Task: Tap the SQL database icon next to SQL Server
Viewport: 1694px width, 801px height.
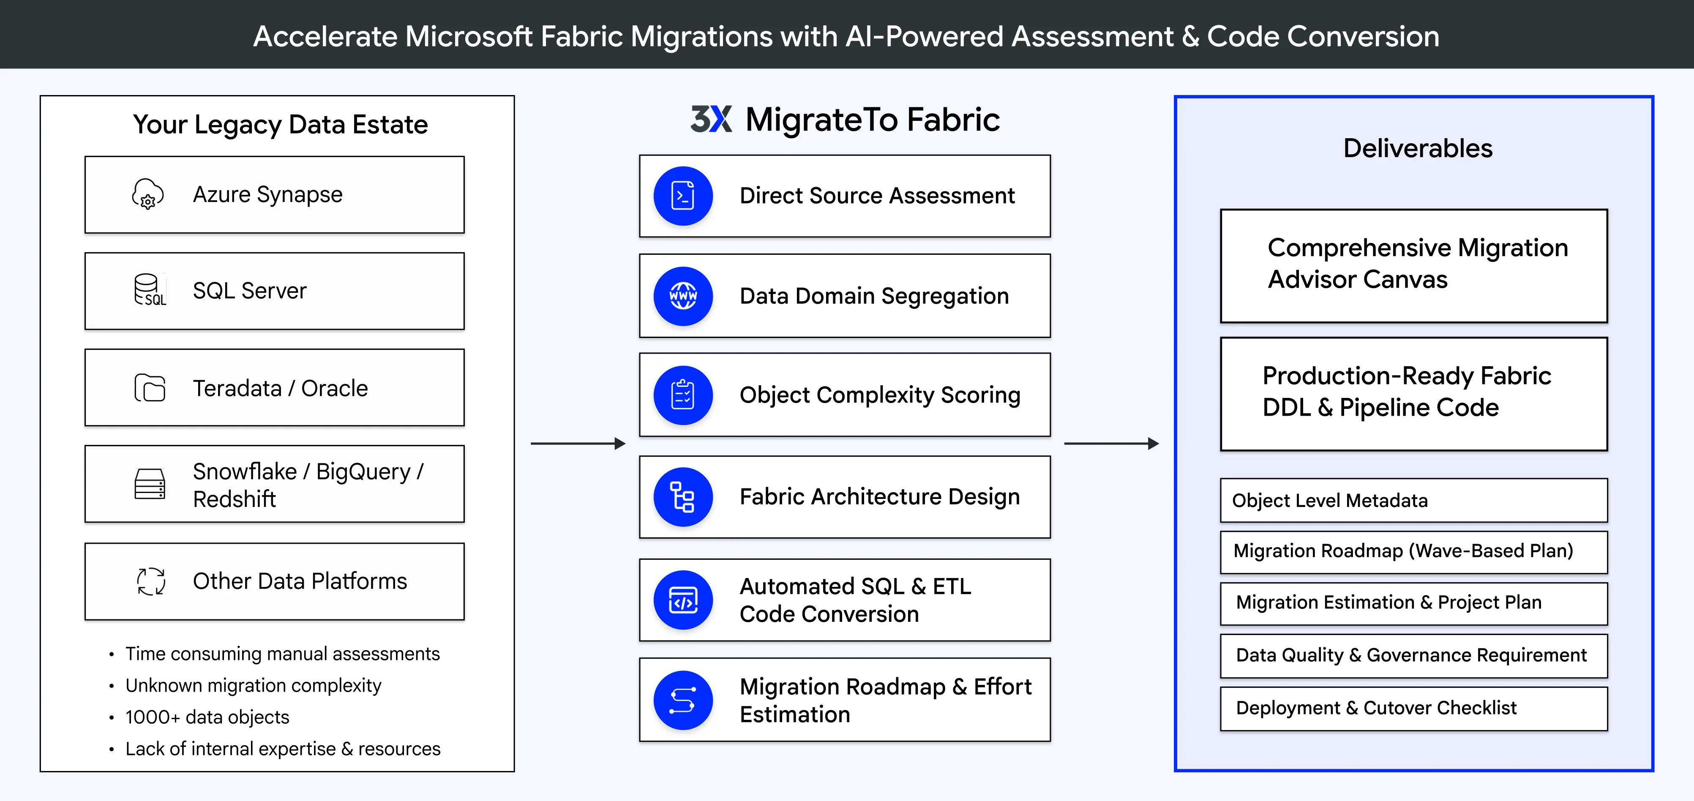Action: coord(149,290)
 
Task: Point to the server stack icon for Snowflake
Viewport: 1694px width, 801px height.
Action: coord(149,484)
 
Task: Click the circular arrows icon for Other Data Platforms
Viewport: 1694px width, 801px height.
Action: coord(150,581)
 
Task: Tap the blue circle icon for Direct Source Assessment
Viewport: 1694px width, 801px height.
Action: coord(682,196)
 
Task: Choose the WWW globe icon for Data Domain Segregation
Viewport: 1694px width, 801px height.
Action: coord(682,296)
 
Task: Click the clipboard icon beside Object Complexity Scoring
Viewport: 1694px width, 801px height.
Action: coord(682,395)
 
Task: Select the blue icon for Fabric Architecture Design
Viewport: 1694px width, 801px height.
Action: coord(682,497)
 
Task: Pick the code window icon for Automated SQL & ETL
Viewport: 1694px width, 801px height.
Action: coord(682,600)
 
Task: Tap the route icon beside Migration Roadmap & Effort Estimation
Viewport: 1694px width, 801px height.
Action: coord(682,700)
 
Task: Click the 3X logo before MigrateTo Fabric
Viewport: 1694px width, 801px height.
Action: coord(711,119)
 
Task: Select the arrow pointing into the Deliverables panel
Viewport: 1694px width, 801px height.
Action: coord(1111,444)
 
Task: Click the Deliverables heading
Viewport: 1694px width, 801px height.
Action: coord(1417,148)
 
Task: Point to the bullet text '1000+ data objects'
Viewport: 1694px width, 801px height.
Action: coord(207,717)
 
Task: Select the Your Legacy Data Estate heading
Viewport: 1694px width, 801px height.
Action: coord(280,124)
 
